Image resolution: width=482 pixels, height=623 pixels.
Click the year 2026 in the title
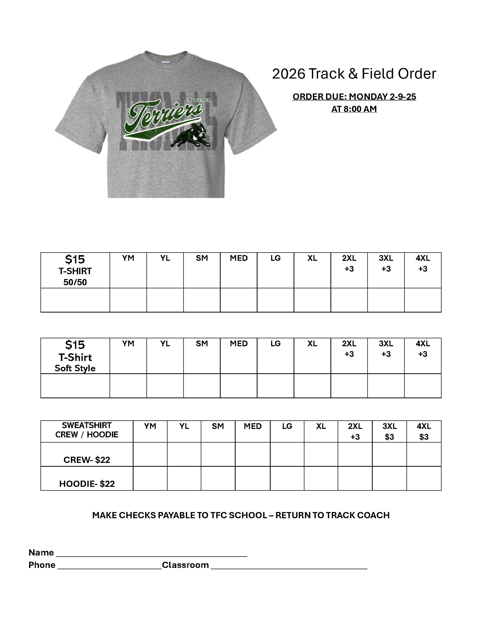tap(288, 74)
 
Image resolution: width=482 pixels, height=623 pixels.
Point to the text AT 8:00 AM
tap(354, 109)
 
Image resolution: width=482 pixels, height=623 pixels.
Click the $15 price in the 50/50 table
tap(75, 259)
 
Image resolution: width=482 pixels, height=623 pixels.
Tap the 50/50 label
tap(75, 282)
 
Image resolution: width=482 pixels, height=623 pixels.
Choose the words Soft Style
tap(75, 368)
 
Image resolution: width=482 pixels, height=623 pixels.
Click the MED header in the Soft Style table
tap(239, 343)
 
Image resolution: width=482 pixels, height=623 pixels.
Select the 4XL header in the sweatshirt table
tap(424, 426)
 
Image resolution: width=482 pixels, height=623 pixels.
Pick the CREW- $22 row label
tap(87, 460)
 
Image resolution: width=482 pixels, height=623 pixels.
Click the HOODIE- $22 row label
tap(87, 484)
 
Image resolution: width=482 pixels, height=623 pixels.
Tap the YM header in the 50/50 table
tap(128, 258)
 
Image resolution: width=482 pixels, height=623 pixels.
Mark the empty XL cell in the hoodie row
tap(321, 478)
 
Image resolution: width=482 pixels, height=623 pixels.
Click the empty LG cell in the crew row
tap(287, 454)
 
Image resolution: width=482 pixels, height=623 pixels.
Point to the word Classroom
tap(185, 565)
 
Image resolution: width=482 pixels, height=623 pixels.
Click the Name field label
tap(41, 552)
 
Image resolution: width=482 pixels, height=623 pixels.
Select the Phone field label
tap(42, 565)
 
